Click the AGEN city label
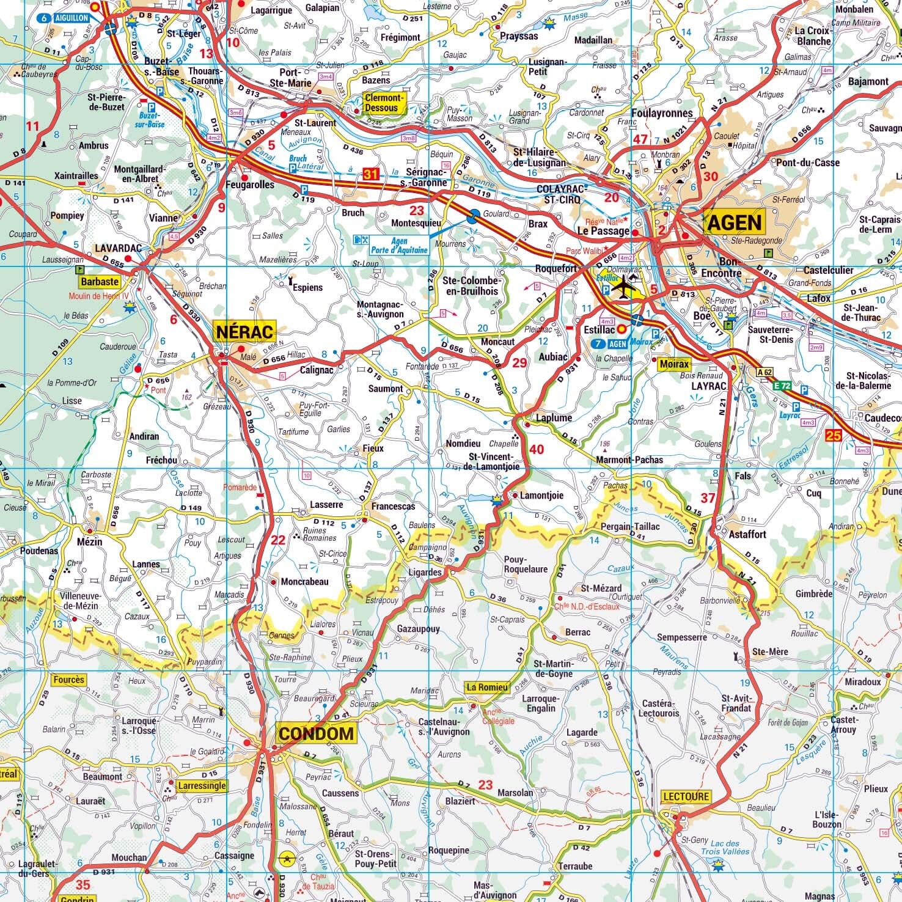[x=735, y=222]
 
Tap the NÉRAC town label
[x=244, y=332]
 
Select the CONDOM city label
[x=315, y=733]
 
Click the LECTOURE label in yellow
[x=686, y=797]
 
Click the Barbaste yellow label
[x=99, y=282]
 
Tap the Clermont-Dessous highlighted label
[x=384, y=103]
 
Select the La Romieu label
[x=487, y=687]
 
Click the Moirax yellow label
[x=673, y=364]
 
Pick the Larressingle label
[x=201, y=786]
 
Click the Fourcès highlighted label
[x=68, y=680]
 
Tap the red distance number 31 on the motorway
[x=371, y=175]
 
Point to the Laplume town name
[x=554, y=418]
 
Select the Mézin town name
[x=90, y=541]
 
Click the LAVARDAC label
[x=118, y=248]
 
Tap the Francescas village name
[x=393, y=506]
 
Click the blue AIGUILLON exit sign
[x=64, y=18]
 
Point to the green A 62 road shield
[x=764, y=372]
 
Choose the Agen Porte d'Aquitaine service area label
[x=400, y=246]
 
